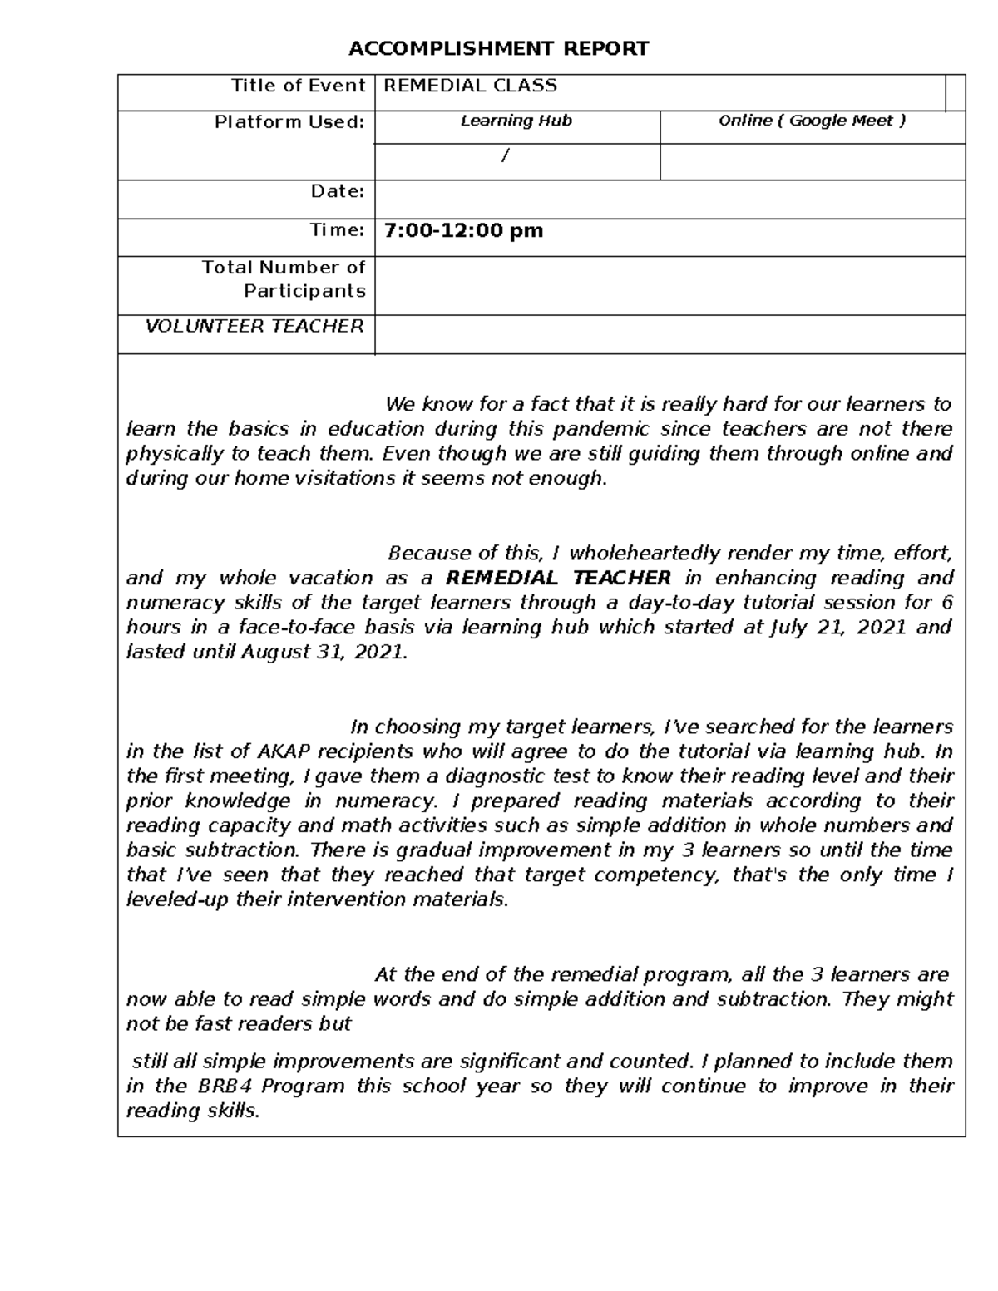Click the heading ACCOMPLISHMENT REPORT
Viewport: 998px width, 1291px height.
pyautogui.click(x=498, y=49)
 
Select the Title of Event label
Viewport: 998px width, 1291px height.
pyautogui.click(x=298, y=86)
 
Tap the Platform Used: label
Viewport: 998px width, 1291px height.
pyautogui.click(x=289, y=122)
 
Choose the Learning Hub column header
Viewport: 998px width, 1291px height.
pyautogui.click(x=516, y=121)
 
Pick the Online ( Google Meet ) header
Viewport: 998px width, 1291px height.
pyautogui.click(x=812, y=121)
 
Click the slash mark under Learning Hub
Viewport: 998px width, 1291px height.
pyautogui.click(x=504, y=156)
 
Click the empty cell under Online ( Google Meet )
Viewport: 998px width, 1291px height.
pyautogui.click(x=812, y=161)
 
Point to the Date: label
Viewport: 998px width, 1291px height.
pyautogui.click(x=337, y=191)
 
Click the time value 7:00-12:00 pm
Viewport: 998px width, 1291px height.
pyautogui.click(x=463, y=230)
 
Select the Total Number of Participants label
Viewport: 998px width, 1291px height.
pyautogui.click(x=284, y=279)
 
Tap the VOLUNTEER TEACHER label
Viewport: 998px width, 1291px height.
pyautogui.click(x=254, y=326)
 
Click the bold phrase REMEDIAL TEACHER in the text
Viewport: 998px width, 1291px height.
pyautogui.click(x=558, y=578)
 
